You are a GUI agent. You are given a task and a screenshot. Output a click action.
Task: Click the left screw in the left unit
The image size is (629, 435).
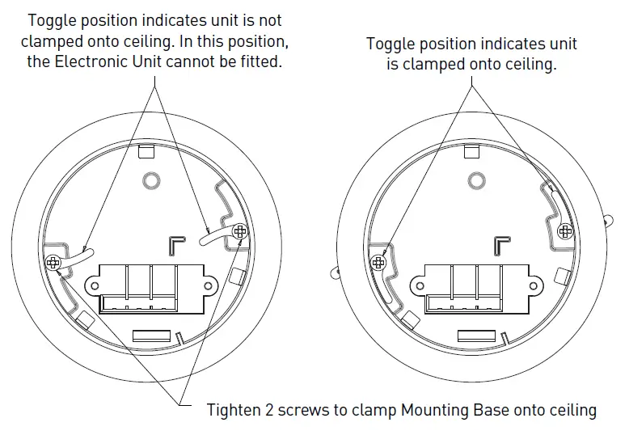coord(53,262)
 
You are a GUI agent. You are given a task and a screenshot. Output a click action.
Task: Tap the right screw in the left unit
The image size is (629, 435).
coord(239,232)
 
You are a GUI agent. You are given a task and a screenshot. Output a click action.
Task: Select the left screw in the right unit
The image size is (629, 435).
coord(378,262)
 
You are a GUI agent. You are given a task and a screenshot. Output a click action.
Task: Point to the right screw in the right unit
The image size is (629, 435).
coord(565,232)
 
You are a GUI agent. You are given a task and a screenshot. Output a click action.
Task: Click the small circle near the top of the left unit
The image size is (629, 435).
coord(150,179)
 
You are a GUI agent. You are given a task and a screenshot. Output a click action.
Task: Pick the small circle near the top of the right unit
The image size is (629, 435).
coord(476,179)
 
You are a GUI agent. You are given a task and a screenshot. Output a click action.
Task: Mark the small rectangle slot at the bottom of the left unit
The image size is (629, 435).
coord(152,335)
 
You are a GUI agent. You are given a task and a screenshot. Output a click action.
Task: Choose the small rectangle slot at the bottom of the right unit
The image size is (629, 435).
coord(477,335)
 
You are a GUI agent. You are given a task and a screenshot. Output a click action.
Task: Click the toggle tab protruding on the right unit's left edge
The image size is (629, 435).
coord(335,273)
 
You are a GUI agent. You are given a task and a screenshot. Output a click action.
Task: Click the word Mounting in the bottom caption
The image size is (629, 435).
coord(433,410)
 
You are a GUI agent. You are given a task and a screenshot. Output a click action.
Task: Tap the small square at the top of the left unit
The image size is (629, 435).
coord(146,151)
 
